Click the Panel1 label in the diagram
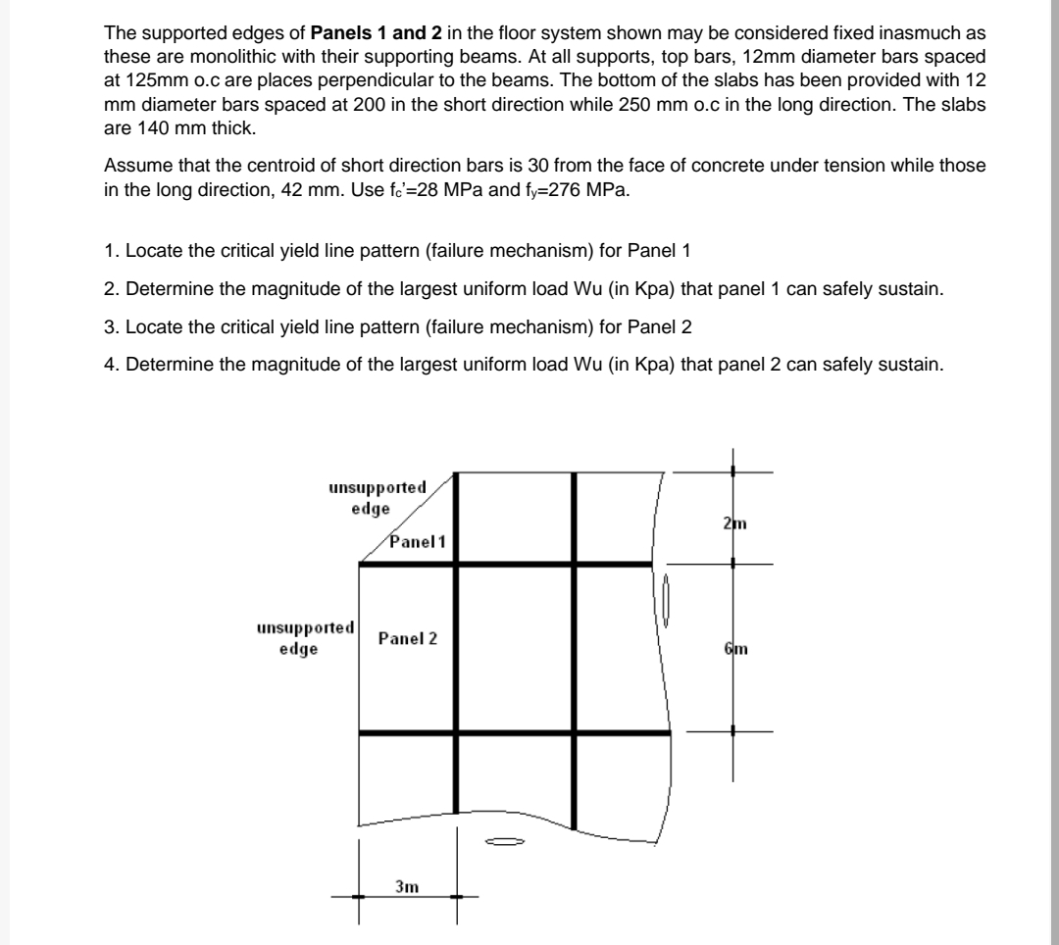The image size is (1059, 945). (418, 541)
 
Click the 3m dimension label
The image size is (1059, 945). (406, 886)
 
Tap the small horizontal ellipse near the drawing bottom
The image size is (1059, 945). (506, 841)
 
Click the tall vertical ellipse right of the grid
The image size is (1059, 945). (666, 601)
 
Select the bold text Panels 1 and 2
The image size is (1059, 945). (381, 34)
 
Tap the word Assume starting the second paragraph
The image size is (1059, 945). (133, 166)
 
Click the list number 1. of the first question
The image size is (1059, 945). (111, 250)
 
